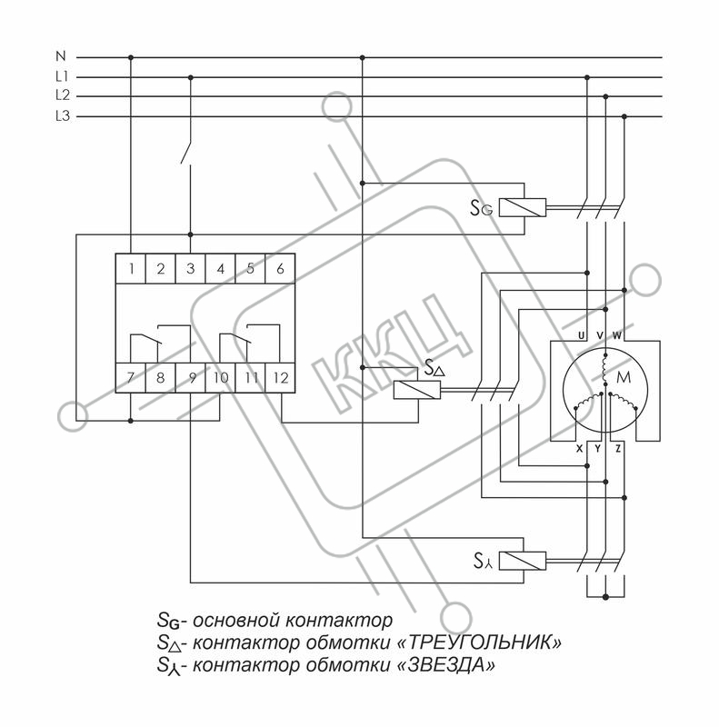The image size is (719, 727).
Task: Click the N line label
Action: click(61, 56)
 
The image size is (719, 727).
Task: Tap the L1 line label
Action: click(62, 76)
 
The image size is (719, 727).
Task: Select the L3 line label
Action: click(62, 116)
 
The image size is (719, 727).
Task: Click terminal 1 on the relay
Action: click(131, 269)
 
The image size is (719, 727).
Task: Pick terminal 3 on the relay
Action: click(190, 269)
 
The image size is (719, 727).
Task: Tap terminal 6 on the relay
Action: click(280, 269)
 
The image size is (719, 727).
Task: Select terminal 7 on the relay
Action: click(130, 378)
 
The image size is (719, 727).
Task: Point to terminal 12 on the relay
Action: click(281, 378)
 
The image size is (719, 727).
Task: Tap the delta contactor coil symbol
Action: click(417, 390)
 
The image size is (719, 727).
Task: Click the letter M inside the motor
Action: click(624, 377)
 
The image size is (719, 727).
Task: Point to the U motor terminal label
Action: click(581, 335)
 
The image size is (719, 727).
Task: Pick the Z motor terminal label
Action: click(618, 448)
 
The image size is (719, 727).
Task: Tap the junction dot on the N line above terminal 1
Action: click(131, 57)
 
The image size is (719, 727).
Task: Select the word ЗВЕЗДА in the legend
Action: click(447, 665)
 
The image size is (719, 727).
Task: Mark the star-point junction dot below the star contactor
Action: click(605, 597)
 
